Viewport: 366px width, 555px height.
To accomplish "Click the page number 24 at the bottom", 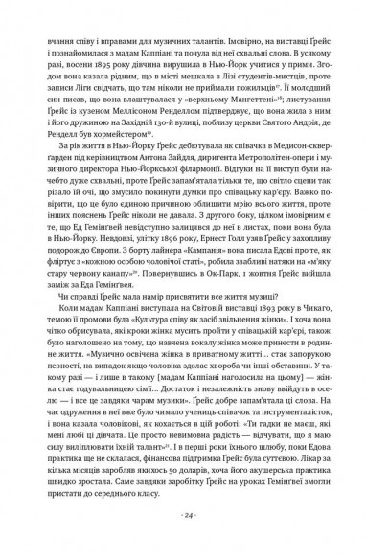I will coord(183,515).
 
